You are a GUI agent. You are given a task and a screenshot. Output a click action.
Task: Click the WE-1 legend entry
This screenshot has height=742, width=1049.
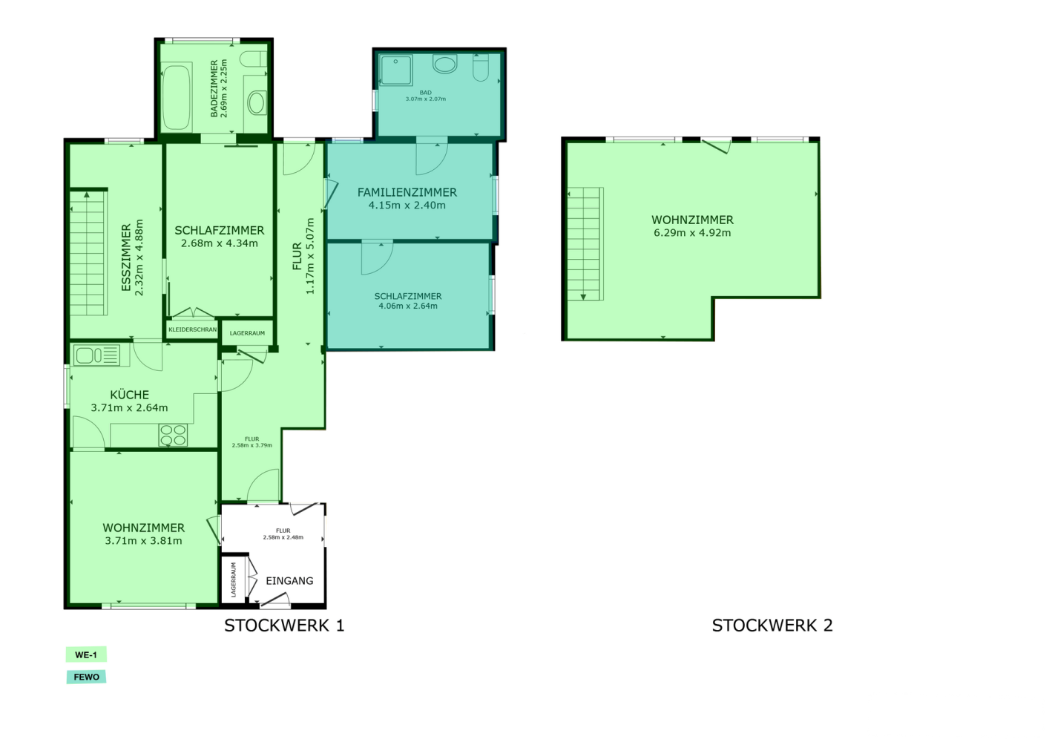point(86,654)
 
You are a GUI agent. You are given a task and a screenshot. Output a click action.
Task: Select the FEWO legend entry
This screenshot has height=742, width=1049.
point(86,677)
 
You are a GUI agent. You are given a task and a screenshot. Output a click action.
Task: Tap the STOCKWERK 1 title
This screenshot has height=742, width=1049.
point(284,626)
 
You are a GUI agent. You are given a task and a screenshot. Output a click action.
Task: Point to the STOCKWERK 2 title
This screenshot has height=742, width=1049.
point(772,626)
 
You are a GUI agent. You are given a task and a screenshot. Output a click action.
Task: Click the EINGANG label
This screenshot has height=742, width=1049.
point(289,581)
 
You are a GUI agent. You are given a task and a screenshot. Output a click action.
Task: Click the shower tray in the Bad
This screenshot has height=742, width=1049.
point(396,70)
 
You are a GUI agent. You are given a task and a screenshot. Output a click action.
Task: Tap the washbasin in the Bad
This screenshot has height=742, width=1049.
point(444,64)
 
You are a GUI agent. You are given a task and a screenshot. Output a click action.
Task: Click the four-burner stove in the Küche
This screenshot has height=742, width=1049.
point(173,435)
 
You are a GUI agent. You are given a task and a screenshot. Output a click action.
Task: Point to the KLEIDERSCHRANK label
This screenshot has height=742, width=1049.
point(192,329)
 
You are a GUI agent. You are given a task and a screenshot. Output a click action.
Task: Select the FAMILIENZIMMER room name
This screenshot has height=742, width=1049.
point(407,192)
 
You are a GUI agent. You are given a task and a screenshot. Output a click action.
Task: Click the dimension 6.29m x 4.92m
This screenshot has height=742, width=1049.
point(692,233)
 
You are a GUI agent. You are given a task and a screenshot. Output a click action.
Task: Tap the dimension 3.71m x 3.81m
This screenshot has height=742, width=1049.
point(143,541)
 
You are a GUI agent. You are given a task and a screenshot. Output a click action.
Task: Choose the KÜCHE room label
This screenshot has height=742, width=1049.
point(129,395)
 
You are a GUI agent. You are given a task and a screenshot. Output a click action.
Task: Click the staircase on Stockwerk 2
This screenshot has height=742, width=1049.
point(585,243)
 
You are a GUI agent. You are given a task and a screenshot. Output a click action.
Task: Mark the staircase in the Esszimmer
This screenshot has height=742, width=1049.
point(88,252)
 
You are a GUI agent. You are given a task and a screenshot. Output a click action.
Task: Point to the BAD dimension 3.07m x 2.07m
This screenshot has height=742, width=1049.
point(425,99)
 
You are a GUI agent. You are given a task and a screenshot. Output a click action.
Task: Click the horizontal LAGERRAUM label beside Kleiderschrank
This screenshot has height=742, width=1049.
point(247,333)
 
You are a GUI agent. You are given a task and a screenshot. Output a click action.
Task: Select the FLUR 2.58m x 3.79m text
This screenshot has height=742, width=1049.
point(252,442)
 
